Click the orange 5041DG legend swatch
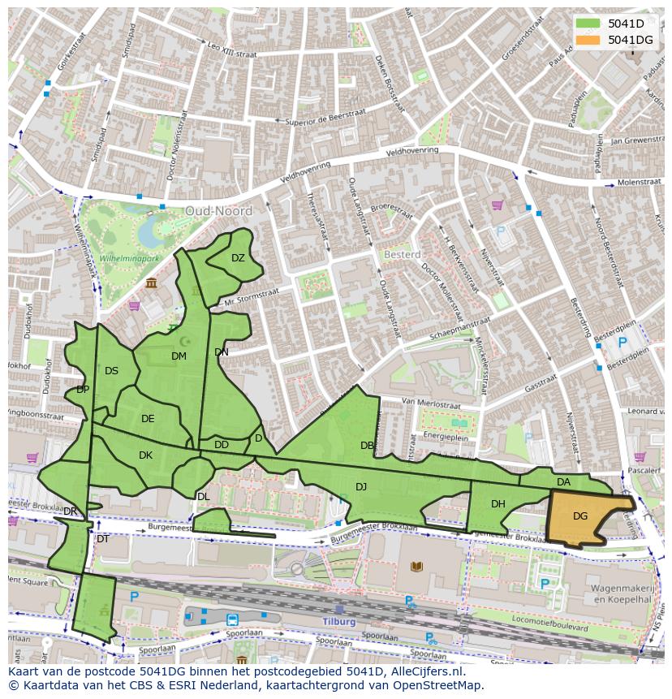[x=588, y=40]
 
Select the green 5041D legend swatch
[x=588, y=24]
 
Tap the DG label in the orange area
[x=580, y=516]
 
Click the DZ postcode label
[x=238, y=258]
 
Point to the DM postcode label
[x=179, y=356]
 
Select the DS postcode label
[x=111, y=371]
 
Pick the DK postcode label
[x=145, y=455]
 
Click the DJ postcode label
[x=361, y=487]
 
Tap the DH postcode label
[x=498, y=504]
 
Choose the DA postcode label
[x=564, y=482]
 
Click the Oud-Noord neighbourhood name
[x=218, y=211]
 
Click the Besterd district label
[x=402, y=255]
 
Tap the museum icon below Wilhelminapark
[x=152, y=283]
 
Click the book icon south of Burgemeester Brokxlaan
[x=417, y=567]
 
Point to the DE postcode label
[x=148, y=419]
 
